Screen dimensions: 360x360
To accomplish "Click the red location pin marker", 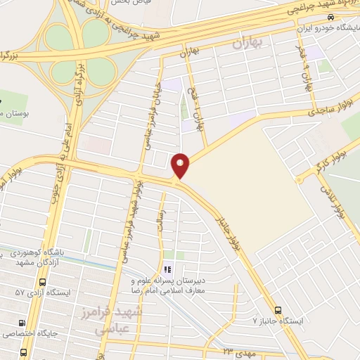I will (x=181, y=165).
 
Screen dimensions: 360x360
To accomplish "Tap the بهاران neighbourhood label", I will (x=246, y=44).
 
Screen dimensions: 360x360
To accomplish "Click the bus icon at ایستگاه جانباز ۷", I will (x=278, y=309).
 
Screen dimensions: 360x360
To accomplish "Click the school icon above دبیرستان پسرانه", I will (x=167, y=269).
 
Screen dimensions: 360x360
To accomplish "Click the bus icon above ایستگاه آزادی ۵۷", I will (x=43, y=281).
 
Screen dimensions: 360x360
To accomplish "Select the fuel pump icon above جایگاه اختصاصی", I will (x=22, y=324).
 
